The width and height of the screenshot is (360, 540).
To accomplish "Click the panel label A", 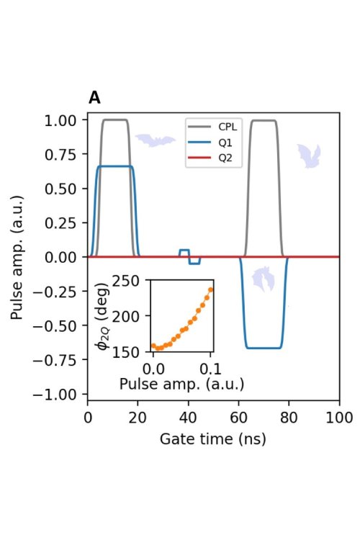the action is click(x=94, y=98).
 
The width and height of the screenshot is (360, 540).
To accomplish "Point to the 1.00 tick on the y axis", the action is click(x=61, y=120).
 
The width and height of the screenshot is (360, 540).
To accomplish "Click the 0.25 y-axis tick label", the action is click(x=61, y=223).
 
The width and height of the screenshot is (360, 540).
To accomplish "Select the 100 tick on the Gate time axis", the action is click(x=339, y=418).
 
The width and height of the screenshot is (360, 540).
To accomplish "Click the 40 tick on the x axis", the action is click(x=188, y=418).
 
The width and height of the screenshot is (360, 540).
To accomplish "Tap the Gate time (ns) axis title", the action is click(x=213, y=439).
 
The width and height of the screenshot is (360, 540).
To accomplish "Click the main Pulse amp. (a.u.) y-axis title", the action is click(x=16, y=257).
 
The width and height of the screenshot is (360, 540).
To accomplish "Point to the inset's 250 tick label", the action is click(x=126, y=282).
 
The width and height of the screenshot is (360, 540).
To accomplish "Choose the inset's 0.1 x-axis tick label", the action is click(x=211, y=369).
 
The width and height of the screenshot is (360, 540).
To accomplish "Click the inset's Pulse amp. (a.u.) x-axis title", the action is click(x=181, y=384).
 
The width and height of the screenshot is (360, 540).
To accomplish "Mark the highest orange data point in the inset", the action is click(x=211, y=289).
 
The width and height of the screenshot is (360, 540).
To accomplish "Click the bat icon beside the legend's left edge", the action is click(x=155, y=140).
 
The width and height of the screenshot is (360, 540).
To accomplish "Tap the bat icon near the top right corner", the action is click(x=309, y=156).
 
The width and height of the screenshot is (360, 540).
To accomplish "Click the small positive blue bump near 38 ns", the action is click(x=184, y=253).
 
